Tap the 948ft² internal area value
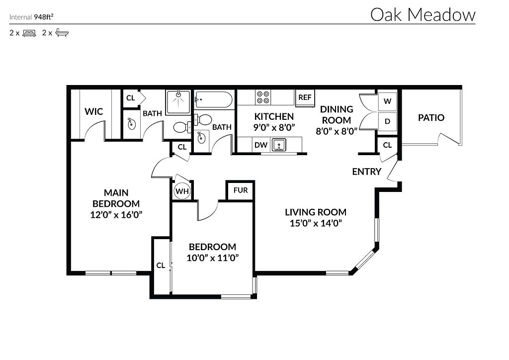[44, 17]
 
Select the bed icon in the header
[29, 33]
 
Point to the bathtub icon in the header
[62, 33]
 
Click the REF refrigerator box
[305, 97]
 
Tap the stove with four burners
[263, 97]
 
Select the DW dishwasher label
[261, 145]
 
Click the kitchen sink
[280, 145]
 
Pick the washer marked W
[387, 101]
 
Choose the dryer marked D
[387, 121]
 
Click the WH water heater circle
[181, 191]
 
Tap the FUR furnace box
[241, 190]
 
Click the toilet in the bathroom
[182, 127]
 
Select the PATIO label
[431, 118]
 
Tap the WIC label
[93, 111]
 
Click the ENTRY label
[366, 172]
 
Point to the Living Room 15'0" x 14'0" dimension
[315, 223]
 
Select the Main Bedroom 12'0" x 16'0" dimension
[115, 215]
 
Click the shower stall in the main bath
[177, 101]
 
